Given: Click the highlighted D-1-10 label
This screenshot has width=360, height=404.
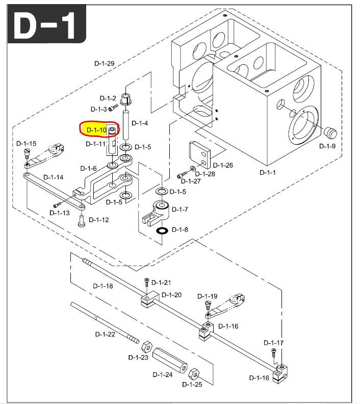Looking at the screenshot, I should (96, 130).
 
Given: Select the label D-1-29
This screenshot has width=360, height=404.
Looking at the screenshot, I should (105, 64).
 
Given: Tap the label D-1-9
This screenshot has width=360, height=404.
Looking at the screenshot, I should (327, 146).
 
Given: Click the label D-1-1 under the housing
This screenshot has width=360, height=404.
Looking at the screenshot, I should (267, 172).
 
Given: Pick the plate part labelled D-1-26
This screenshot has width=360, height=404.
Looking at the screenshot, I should (199, 154).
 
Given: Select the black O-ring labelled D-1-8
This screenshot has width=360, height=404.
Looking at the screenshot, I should (163, 231).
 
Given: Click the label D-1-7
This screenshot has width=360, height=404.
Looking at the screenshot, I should (180, 209).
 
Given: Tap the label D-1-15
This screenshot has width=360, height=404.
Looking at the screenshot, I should (26, 144).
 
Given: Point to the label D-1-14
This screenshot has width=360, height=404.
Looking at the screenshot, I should (53, 177).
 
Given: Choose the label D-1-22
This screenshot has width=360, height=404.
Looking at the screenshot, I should (105, 334).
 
